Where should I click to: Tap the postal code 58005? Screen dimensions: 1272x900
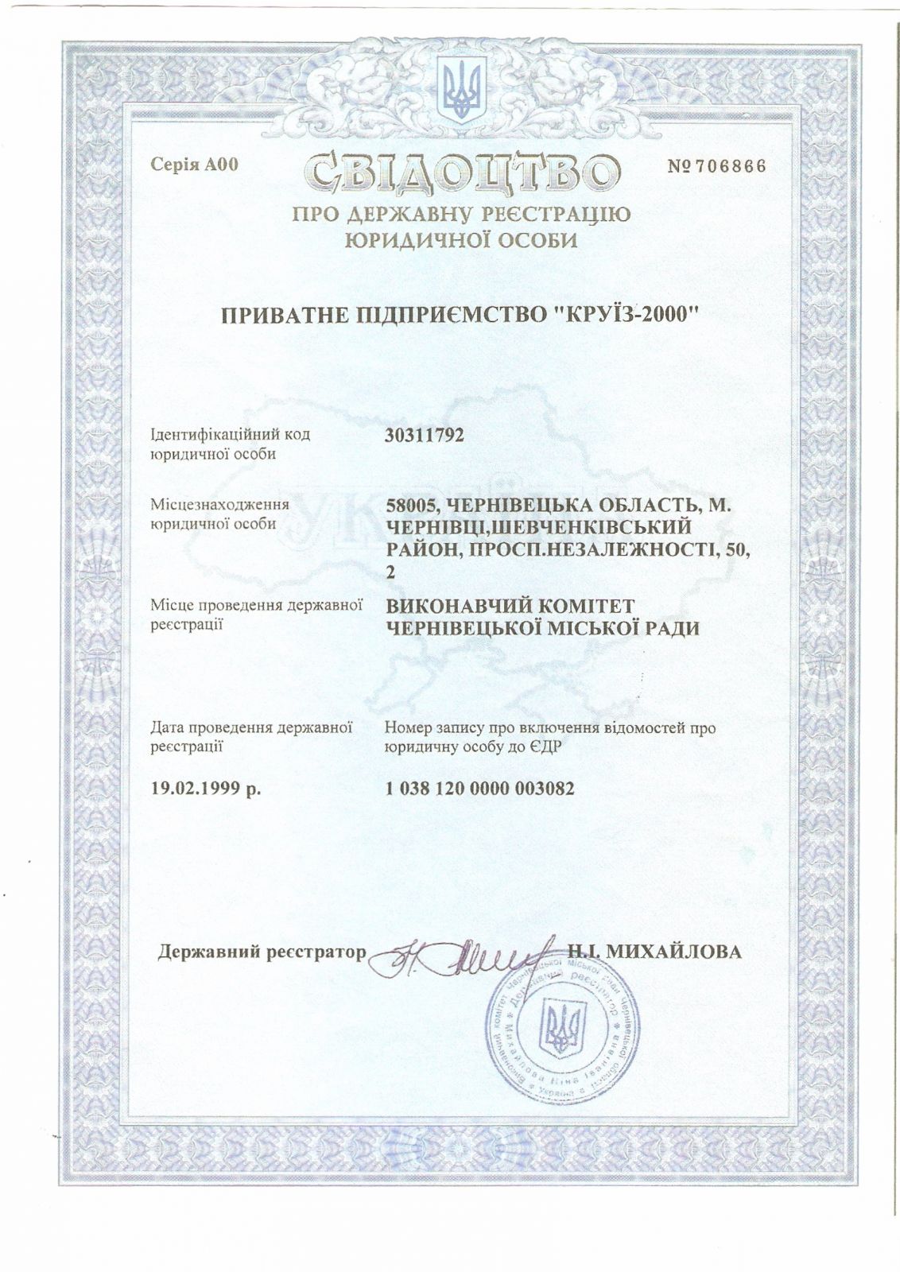[409, 504]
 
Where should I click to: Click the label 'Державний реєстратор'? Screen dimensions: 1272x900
[263, 952]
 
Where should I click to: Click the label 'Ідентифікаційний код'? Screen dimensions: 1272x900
[230, 435]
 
